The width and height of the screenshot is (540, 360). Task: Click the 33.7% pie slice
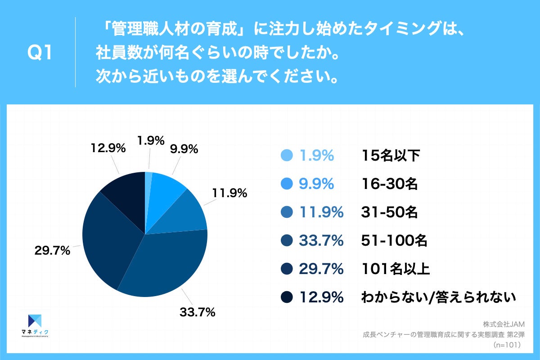tap(166, 265)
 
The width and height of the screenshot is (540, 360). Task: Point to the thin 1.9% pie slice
tap(148, 178)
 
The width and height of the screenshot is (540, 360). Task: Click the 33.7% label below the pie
tap(196, 311)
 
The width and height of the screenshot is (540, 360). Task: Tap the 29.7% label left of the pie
tap(52, 251)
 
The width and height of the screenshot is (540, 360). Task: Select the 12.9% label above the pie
tap(108, 149)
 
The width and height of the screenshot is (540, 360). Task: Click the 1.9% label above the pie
tap(151, 141)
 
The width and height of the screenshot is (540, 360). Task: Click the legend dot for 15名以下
tap(286, 156)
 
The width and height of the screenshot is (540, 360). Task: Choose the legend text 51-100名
tap(394, 241)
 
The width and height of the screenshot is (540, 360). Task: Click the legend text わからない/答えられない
tap(438, 297)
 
